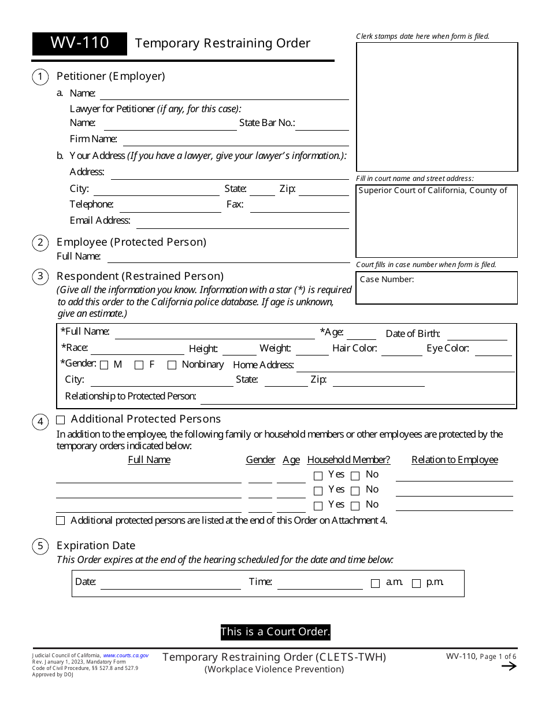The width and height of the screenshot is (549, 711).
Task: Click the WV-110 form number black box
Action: [79, 43]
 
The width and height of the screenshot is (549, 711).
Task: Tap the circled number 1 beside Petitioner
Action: [40, 77]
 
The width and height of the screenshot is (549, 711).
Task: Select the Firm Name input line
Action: [236, 140]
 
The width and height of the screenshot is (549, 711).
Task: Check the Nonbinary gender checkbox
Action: [172, 365]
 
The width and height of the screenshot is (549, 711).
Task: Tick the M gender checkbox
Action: [104, 365]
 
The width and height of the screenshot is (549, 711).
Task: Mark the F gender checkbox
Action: [139, 365]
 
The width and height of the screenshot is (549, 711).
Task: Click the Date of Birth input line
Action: [477, 335]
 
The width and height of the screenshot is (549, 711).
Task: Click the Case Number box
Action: [436, 288]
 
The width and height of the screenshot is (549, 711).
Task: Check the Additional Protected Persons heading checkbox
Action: [61, 420]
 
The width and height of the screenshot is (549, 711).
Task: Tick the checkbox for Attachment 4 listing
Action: [61, 521]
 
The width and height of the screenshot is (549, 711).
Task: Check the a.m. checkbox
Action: [375, 584]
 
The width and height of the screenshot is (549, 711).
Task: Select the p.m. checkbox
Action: [416, 584]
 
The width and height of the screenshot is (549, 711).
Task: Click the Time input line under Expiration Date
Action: [320, 584]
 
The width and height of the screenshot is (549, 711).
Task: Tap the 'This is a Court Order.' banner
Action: [275, 632]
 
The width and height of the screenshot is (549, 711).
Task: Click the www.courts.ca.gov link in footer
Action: [125, 656]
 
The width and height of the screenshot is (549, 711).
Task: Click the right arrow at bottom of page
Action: [509, 666]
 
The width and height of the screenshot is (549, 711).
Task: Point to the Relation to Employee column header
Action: [455, 460]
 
